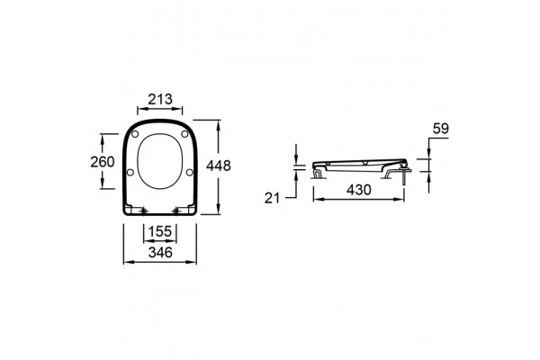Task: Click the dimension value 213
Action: pos(160,99)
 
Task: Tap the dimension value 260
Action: pos(103,162)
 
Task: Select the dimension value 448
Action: pos(219,166)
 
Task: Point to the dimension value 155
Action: pos(160,231)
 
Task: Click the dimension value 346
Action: pos(160,253)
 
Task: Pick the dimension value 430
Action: pos(359,190)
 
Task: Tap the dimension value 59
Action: pos(441,129)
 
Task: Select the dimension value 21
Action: pos(272,198)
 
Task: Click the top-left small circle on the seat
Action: pos(135,134)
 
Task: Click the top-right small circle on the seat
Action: pos(184,134)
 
